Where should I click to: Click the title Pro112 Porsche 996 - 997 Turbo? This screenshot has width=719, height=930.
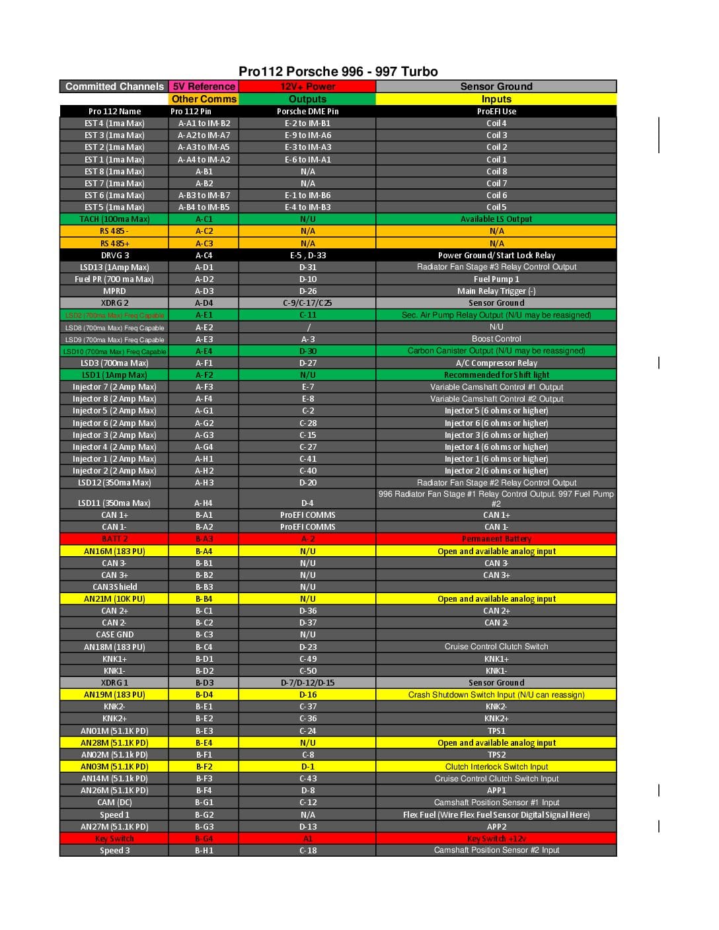(x=338, y=71)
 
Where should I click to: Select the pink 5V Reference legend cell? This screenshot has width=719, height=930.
(x=204, y=87)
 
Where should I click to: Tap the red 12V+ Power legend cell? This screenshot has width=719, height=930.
(x=307, y=87)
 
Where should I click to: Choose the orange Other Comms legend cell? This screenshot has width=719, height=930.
(x=204, y=99)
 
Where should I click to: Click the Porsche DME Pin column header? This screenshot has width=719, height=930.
(x=307, y=112)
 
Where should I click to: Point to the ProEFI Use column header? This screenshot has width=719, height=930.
(x=496, y=112)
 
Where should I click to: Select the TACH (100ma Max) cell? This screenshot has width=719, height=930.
(x=114, y=219)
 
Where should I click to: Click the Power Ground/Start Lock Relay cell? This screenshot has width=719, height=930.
(x=496, y=256)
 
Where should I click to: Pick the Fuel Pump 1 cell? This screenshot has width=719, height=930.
(x=496, y=279)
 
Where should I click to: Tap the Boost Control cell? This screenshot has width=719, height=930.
(x=496, y=339)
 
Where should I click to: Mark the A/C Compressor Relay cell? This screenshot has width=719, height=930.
(x=496, y=363)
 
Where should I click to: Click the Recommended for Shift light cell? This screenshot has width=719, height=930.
(x=496, y=375)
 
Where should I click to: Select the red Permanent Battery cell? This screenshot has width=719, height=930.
(x=496, y=539)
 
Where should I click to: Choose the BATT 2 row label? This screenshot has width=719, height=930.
(x=114, y=539)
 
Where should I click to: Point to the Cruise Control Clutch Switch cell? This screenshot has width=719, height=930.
(x=496, y=647)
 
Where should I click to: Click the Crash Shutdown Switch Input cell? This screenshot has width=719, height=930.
(x=496, y=695)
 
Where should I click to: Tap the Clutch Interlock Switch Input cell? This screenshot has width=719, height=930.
(x=496, y=767)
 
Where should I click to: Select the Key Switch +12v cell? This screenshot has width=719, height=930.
(x=496, y=839)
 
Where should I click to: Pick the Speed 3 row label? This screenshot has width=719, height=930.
(x=114, y=851)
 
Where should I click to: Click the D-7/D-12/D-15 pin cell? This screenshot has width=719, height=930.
(x=307, y=683)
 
